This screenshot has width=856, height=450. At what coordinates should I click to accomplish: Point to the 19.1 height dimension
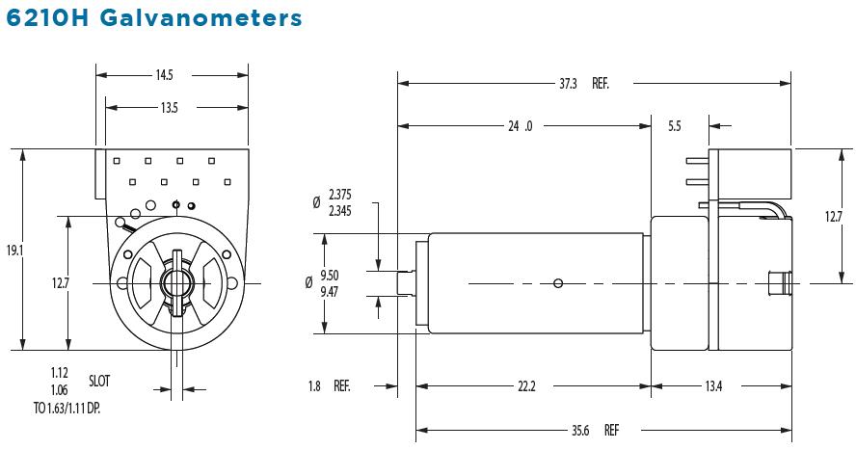click(x=13, y=251)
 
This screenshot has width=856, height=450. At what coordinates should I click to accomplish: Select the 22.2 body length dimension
click(x=525, y=386)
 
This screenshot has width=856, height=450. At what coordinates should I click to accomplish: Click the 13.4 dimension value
click(x=713, y=386)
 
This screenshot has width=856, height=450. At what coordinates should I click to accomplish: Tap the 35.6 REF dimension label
click(x=594, y=430)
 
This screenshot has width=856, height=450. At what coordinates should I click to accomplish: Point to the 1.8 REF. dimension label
click(x=329, y=386)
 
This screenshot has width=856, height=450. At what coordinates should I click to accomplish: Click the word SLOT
click(x=100, y=380)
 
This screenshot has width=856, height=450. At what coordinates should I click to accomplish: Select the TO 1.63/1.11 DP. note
click(x=67, y=409)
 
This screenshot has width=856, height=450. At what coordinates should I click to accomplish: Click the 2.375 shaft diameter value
click(x=339, y=196)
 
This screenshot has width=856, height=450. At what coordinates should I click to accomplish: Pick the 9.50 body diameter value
click(x=330, y=275)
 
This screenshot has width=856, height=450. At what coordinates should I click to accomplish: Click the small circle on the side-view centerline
click(x=558, y=282)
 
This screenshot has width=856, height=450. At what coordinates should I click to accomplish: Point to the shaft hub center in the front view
click(x=176, y=282)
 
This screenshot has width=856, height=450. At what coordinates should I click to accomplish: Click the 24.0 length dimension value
click(x=522, y=125)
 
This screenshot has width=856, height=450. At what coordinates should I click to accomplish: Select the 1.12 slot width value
click(x=61, y=372)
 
